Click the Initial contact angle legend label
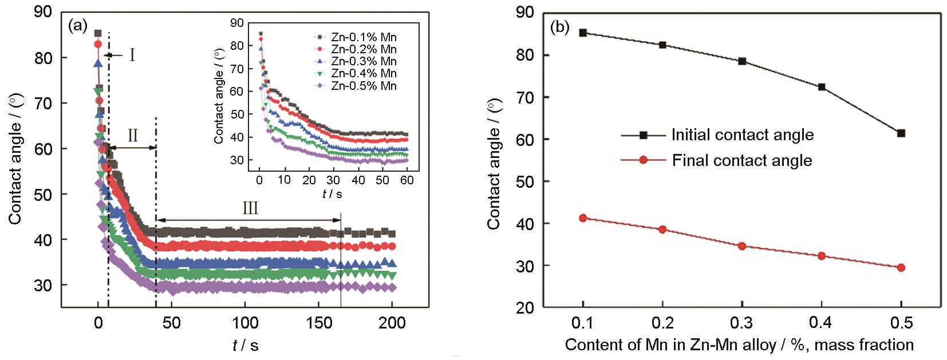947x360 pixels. click(x=743, y=135)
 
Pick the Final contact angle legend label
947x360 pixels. click(x=742, y=160)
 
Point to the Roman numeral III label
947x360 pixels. click(x=250, y=207)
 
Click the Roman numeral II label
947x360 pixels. click(x=132, y=136)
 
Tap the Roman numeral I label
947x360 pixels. click(x=132, y=55)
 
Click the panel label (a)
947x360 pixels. click(x=77, y=25)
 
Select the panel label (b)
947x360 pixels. click(x=559, y=27)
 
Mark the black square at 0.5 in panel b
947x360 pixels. click(x=901, y=133)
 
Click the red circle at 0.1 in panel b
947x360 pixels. click(x=583, y=218)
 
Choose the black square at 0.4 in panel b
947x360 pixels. click(x=822, y=87)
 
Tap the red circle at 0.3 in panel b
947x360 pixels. click(x=742, y=246)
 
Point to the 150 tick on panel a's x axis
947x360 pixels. click(x=318, y=323)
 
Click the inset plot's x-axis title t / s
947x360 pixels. click(x=332, y=194)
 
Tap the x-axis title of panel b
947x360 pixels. click(x=739, y=345)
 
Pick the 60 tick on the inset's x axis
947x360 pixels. click(x=407, y=180)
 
